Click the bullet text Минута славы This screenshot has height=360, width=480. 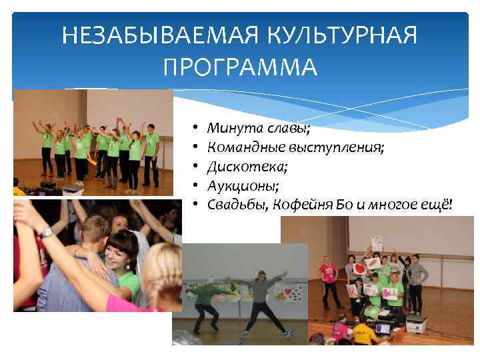258,127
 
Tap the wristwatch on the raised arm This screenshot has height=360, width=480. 45,232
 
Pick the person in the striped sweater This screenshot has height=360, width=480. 418,280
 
